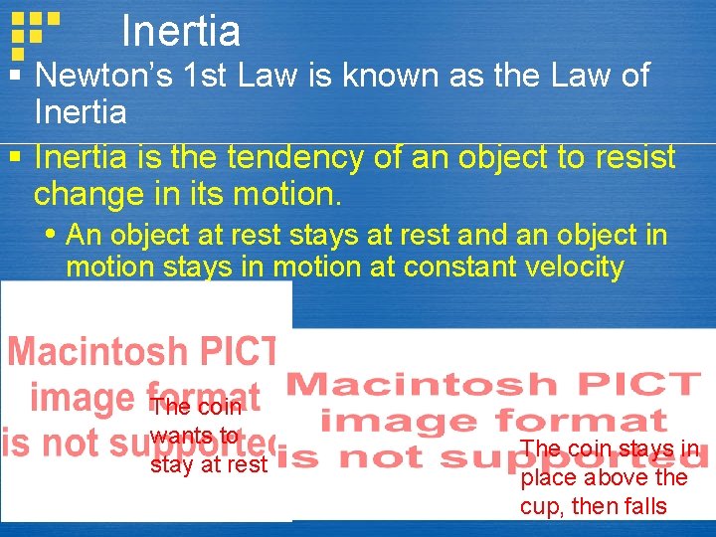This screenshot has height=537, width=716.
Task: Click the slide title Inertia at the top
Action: (180, 32)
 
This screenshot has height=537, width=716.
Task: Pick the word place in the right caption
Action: (547, 478)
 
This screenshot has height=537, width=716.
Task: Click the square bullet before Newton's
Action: (14, 76)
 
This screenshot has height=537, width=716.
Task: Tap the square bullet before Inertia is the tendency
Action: (14, 157)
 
